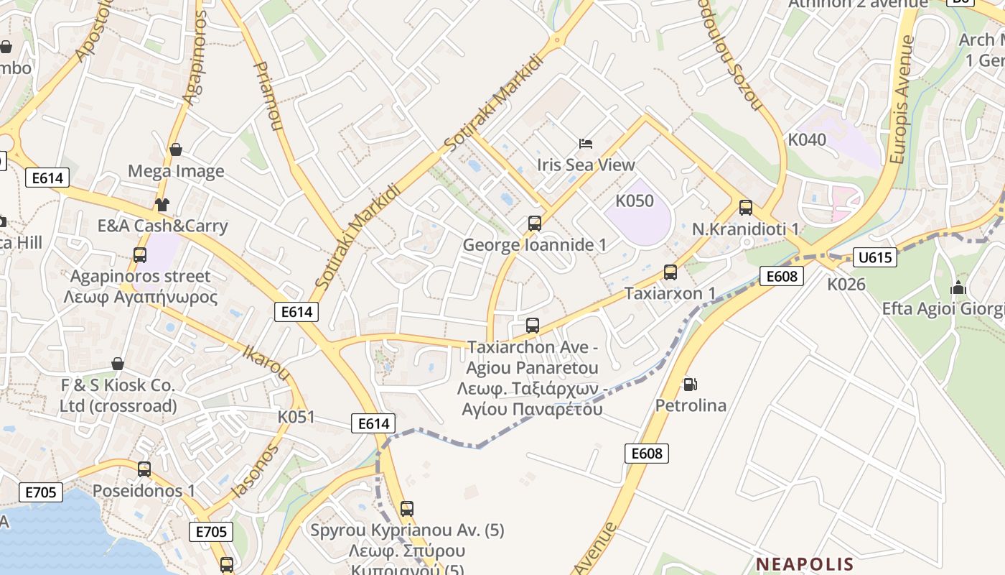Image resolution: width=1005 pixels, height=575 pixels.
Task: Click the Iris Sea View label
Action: point(586,165)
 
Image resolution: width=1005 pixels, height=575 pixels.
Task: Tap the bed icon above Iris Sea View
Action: point(586,144)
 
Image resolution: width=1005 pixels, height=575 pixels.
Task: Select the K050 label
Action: point(635,201)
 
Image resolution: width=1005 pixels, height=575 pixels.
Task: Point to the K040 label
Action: point(807,139)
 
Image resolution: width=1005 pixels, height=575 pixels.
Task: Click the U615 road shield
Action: point(875,257)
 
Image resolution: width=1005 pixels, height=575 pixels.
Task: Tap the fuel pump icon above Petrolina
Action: point(690,385)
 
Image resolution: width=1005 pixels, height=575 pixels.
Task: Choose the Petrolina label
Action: point(691,405)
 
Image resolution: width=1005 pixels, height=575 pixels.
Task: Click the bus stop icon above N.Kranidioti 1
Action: point(746,208)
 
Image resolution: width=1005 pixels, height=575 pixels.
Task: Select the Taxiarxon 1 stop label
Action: point(670,293)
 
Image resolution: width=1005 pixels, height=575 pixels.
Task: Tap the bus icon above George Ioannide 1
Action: point(535,224)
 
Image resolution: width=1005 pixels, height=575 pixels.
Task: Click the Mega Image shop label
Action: point(176,171)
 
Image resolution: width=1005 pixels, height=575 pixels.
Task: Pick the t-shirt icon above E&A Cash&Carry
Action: point(162,205)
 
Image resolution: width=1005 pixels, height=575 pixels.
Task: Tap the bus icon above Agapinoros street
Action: point(140,254)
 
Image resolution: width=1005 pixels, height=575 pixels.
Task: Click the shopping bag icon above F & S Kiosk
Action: point(118,364)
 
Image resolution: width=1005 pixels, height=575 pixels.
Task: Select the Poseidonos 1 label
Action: point(144,490)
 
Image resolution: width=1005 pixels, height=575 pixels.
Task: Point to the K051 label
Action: point(296,417)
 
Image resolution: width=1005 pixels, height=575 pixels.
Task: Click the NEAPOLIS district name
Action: point(805,564)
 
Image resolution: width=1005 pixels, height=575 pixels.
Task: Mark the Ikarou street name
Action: point(266,363)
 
